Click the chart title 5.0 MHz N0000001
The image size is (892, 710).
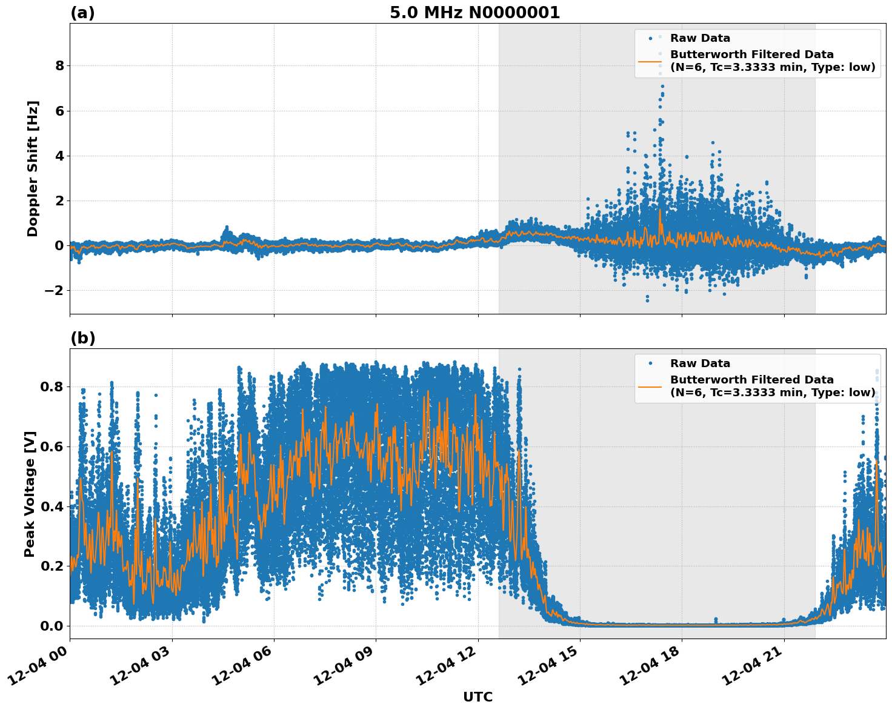(x=474, y=13)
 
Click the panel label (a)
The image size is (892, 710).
(x=82, y=13)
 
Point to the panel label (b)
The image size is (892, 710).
(x=82, y=338)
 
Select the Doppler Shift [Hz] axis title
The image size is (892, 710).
(x=33, y=168)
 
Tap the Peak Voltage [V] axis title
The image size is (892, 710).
(x=30, y=494)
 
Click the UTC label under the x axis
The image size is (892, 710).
(x=478, y=697)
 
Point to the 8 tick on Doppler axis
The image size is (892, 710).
(x=59, y=65)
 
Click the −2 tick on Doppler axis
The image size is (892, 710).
(x=55, y=290)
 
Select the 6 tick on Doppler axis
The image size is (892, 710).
(x=59, y=111)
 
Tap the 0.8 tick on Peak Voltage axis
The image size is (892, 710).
(x=52, y=387)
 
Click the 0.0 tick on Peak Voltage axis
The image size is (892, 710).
(x=52, y=626)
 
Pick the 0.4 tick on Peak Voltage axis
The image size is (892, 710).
(x=52, y=506)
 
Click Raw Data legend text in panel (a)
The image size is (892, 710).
(x=700, y=38)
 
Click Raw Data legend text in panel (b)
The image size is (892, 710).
(x=700, y=363)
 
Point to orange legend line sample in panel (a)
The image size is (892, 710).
(x=650, y=61)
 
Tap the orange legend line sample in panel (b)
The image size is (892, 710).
(x=650, y=387)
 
